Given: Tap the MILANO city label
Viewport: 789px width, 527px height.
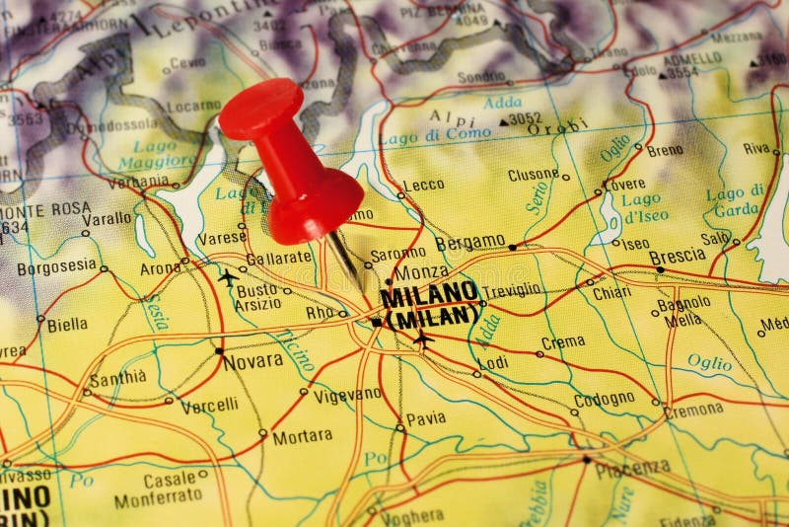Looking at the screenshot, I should [428, 293].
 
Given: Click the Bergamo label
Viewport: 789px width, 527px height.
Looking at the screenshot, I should [469, 242].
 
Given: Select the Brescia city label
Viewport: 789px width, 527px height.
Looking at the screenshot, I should [678, 256].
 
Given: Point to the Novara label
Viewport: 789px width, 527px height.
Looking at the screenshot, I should [253, 361].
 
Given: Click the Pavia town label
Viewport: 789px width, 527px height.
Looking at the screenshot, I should [426, 418].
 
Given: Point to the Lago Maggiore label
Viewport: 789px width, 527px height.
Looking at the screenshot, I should [148, 153].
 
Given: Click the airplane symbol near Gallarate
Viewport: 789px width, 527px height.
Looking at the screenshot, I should [229, 277].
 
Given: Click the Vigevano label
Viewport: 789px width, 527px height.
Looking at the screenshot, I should [347, 394].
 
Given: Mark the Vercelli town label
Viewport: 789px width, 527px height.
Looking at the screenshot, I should [209, 405].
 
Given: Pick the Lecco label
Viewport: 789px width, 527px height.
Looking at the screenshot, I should [424, 185].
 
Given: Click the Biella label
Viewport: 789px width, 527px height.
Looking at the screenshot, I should [67, 324].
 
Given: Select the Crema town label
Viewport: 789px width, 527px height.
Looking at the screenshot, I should [563, 342].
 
